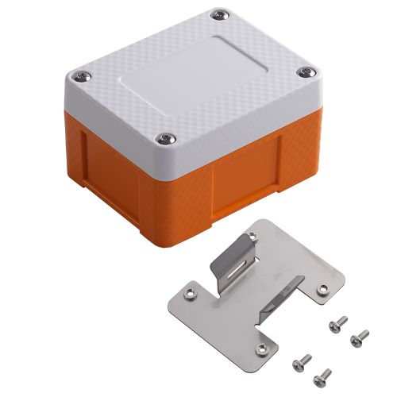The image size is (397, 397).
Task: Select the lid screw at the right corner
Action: click(305, 73)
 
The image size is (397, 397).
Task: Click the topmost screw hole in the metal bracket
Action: click(252, 237)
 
